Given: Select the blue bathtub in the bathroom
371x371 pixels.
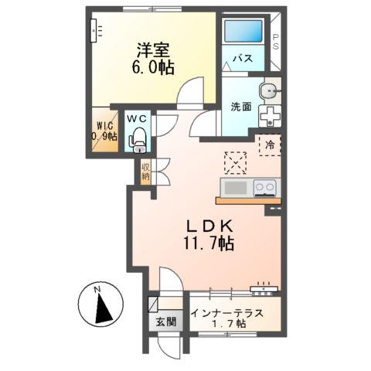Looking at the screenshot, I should pyautogui.click(x=243, y=32).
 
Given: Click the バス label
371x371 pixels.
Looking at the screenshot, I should pyautogui.click(x=243, y=58).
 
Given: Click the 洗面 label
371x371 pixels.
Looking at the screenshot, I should pyautogui.click(x=241, y=107).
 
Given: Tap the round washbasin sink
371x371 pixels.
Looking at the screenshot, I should pyautogui.click(x=270, y=90).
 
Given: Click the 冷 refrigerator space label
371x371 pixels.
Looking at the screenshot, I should pyautogui.click(x=270, y=145).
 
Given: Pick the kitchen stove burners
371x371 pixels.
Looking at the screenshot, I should pyautogui.click(x=264, y=187).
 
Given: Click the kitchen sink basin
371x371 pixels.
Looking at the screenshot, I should pyautogui.click(x=234, y=188).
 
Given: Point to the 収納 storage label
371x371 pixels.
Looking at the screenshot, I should pyautogui.click(x=145, y=171).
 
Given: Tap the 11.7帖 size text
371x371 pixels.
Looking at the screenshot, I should pyautogui.click(x=204, y=244).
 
